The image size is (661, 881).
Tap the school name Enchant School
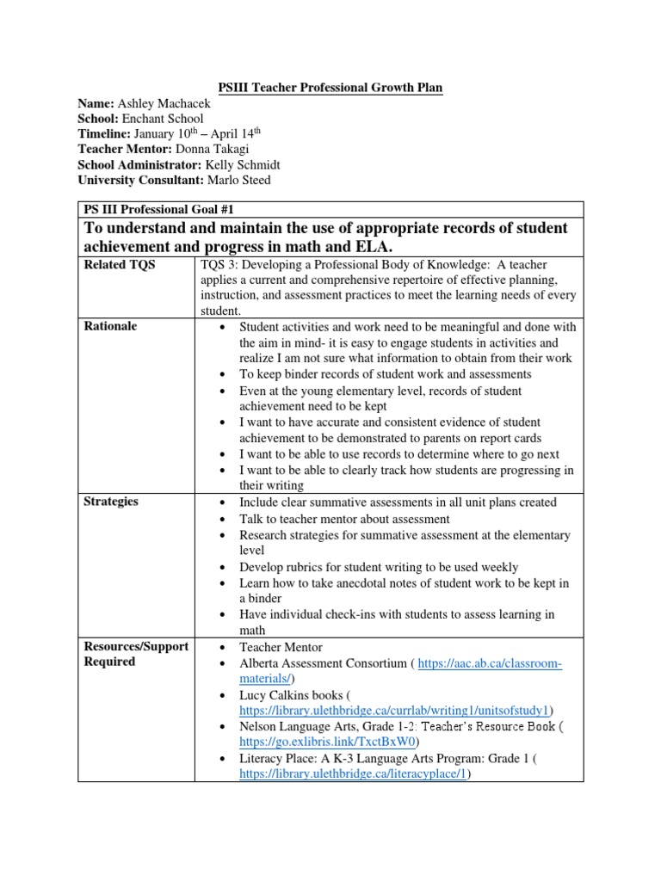point(162,118)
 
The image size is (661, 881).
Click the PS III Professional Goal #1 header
point(158,209)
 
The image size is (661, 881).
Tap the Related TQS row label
point(120,266)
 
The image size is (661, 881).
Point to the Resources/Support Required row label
point(134,654)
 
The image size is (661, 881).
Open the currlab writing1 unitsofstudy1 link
point(397,710)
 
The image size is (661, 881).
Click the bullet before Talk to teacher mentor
point(223,520)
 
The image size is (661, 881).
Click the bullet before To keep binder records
point(223,375)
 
